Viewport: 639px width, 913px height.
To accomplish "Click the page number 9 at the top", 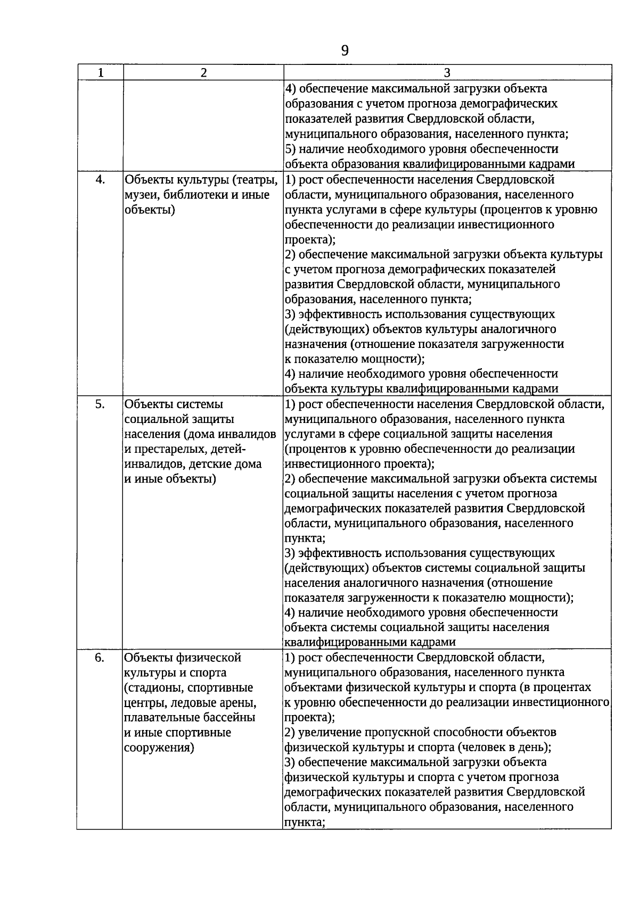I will (345, 51).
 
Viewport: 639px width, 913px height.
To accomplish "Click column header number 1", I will (100, 73).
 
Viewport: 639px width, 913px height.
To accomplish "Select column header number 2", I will (203, 73).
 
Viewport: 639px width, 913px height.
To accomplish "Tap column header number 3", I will (447, 73).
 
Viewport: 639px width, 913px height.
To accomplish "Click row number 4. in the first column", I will (100, 179).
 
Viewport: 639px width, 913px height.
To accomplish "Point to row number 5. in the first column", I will (100, 404).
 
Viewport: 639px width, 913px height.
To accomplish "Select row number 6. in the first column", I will (100, 658).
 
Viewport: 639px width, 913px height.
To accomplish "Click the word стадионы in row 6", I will (156, 688).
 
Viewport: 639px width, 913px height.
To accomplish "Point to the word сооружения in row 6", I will (158, 748).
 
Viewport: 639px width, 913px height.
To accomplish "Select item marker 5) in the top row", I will (290, 149).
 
